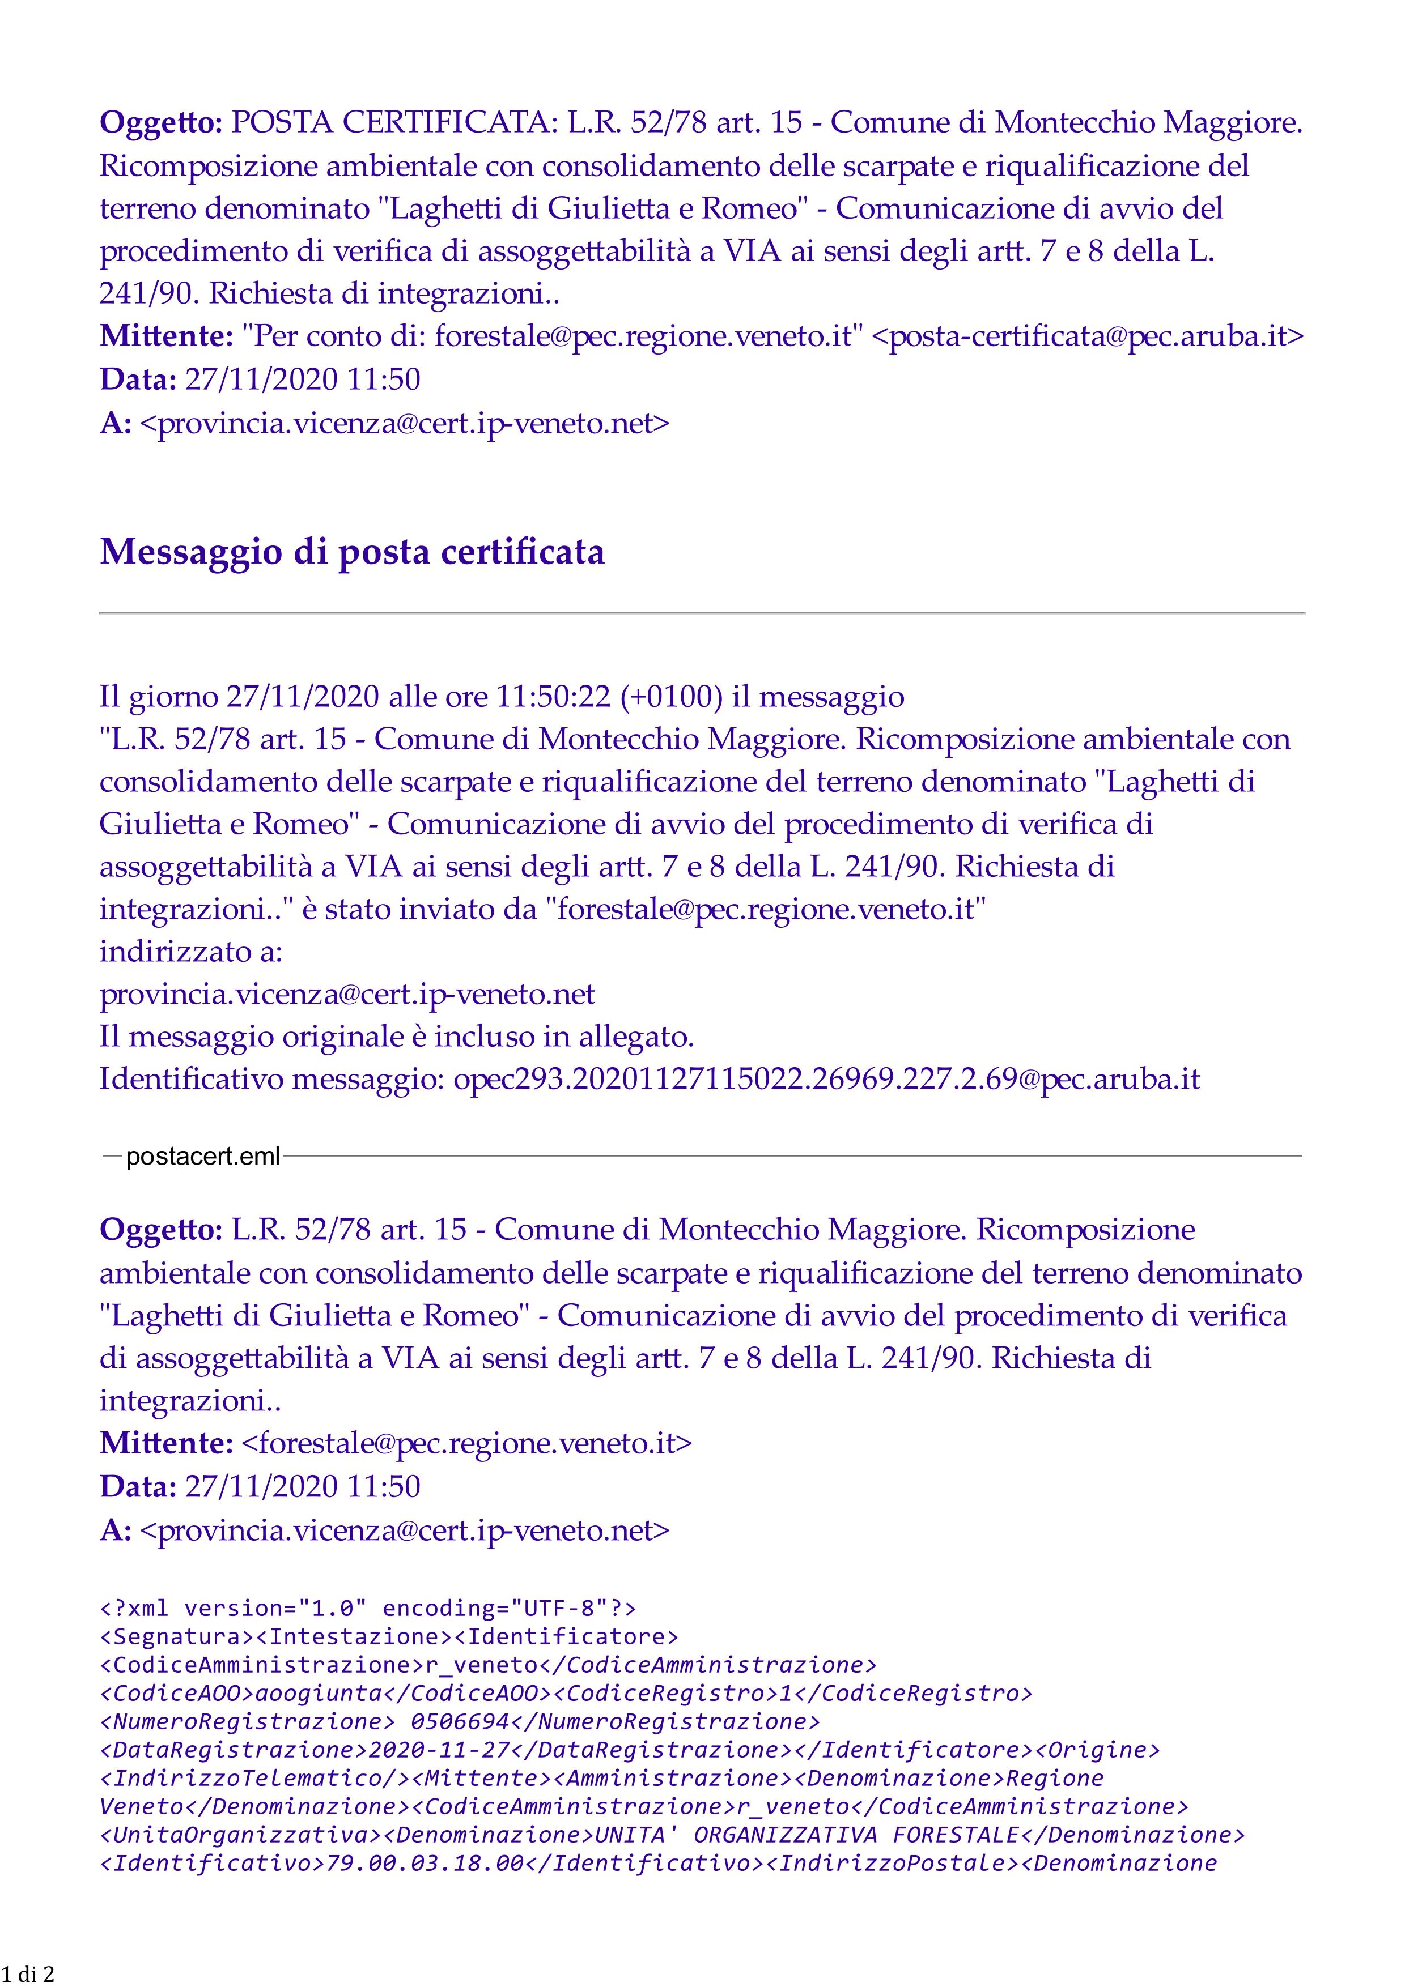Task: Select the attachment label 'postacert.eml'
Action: pyautogui.click(x=202, y=1156)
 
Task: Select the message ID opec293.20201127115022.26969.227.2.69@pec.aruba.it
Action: pyautogui.click(x=827, y=1079)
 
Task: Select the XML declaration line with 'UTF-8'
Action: pyautogui.click(x=368, y=1608)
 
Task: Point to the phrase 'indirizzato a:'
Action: pyautogui.click(x=190, y=952)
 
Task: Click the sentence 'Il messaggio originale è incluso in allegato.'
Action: pyautogui.click(x=397, y=1037)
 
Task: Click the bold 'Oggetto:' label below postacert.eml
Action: pyautogui.click(x=161, y=1230)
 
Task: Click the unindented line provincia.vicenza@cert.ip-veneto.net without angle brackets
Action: pyautogui.click(x=347, y=995)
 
